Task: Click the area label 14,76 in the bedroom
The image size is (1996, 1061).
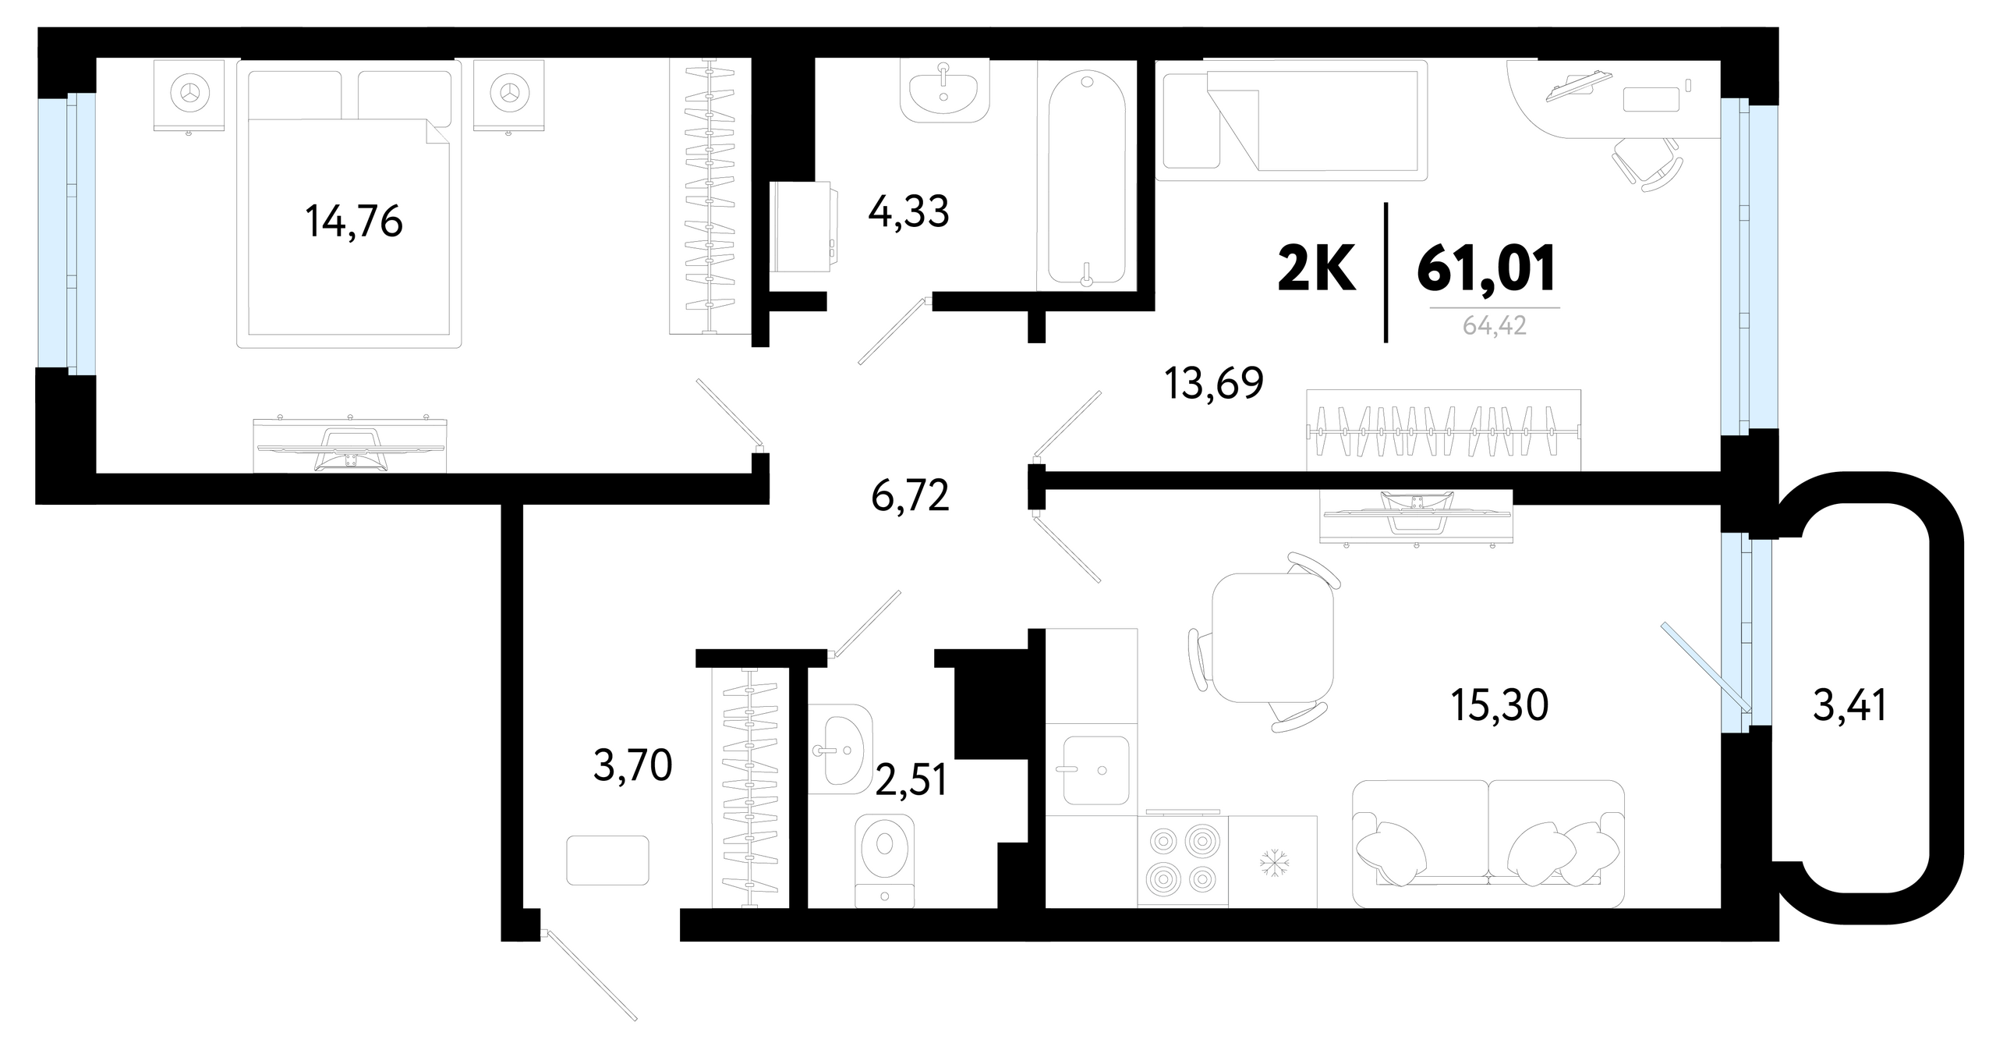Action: point(354,222)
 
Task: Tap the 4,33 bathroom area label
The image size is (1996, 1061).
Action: point(909,211)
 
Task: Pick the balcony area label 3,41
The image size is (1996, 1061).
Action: point(1850,706)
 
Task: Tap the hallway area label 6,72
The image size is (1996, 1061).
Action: point(911,495)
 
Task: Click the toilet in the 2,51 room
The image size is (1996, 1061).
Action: point(885,861)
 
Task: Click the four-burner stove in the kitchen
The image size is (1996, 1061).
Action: point(1183,861)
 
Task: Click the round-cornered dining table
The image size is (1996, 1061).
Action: point(1273,637)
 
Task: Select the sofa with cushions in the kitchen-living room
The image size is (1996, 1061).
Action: point(1488,844)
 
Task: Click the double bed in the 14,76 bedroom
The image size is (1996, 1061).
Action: point(349,204)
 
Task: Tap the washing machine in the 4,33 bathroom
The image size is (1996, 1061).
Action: point(802,227)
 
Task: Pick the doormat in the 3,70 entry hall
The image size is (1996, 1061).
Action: point(608,860)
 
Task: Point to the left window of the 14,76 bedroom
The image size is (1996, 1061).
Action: point(67,233)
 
